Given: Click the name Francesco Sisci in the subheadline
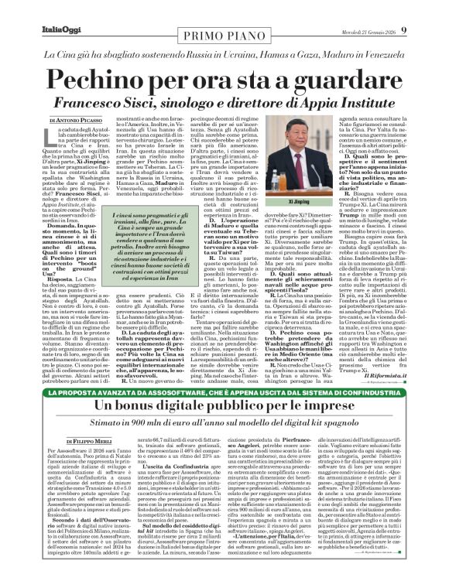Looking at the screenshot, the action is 142,103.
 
